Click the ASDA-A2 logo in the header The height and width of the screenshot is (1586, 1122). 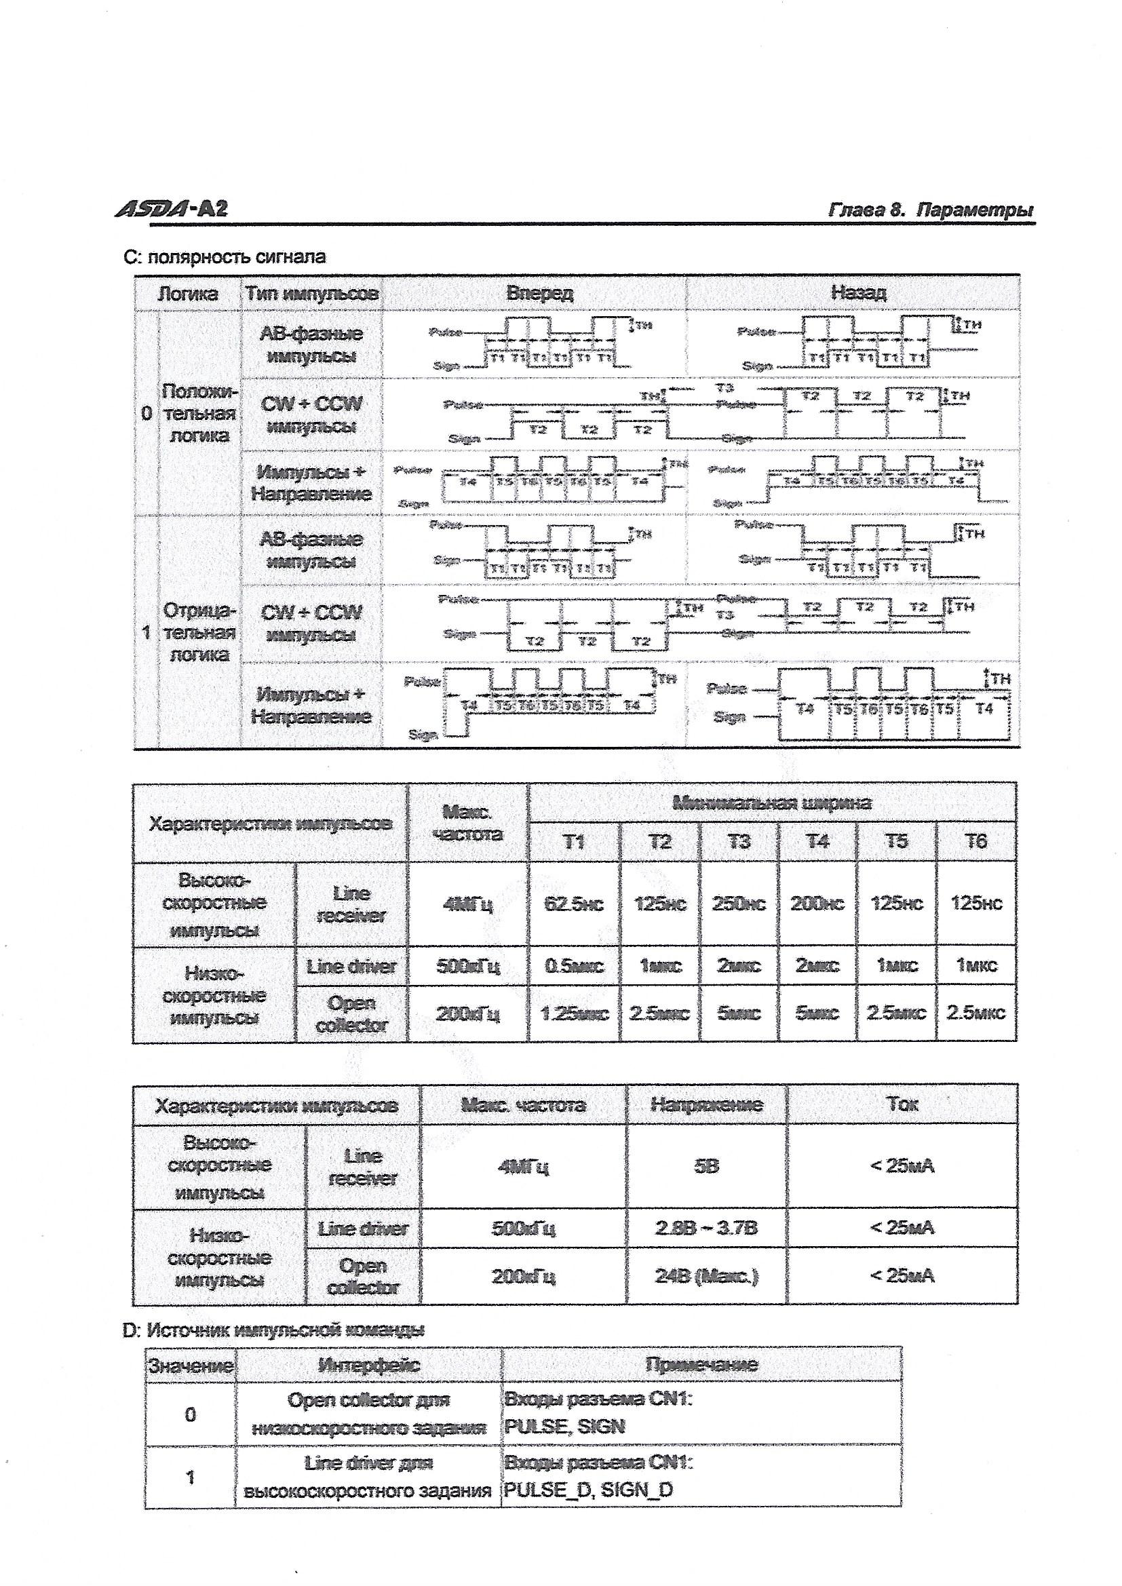(171, 208)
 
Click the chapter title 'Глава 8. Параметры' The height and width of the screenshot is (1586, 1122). (931, 210)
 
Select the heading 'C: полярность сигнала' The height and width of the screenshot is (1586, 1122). (225, 257)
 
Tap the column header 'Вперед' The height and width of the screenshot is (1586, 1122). (539, 293)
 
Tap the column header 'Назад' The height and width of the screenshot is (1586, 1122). (858, 293)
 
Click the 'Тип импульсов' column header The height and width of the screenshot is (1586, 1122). (311, 294)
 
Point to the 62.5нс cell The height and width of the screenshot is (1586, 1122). (573, 904)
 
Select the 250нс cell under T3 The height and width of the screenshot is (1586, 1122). (739, 904)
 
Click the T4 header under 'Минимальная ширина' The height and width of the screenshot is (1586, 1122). (817, 841)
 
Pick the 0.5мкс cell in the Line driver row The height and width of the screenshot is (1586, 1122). (573, 966)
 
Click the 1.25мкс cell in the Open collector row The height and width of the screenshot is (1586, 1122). (573, 1013)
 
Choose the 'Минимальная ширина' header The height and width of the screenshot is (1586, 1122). (772, 802)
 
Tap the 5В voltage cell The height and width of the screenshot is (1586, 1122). (706, 1167)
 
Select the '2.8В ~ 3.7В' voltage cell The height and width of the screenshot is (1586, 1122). (706, 1229)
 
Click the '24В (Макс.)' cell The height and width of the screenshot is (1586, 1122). (706, 1276)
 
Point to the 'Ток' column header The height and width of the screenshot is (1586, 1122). (902, 1104)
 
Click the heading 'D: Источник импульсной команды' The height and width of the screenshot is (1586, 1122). (273, 1330)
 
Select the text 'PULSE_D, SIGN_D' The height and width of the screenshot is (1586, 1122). (588, 1490)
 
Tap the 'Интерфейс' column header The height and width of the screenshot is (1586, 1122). (368, 1365)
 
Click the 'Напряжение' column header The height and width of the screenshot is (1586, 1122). (706, 1104)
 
